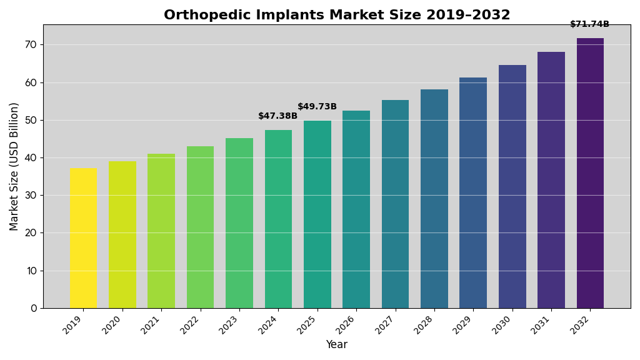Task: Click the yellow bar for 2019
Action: [83, 238]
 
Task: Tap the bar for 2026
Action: [356, 209]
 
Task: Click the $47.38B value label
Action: [277, 116]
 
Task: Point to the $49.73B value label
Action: [317, 107]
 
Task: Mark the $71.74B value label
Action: [589, 24]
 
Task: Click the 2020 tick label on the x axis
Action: [112, 325]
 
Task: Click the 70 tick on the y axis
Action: [31, 45]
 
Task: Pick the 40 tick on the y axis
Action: [31, 157]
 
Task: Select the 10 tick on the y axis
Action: [31, 271]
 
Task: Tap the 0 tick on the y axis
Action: [34, 308]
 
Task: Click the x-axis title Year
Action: [336, 345]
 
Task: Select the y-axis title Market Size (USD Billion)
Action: [14, 166]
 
